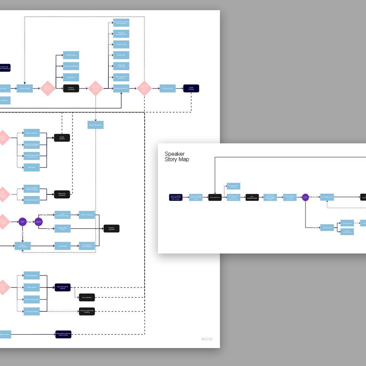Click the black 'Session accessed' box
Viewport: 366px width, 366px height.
(71, 88)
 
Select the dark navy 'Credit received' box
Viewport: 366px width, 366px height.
(191, 88)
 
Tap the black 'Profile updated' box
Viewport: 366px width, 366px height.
(62, 138)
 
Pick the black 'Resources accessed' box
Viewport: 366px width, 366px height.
(62, 195)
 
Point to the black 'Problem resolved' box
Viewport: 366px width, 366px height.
(111, 228)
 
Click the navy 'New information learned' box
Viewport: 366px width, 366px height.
(63, 287)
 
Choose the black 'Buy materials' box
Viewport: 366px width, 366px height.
(87, 298)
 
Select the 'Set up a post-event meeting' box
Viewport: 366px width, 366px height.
(87, 311)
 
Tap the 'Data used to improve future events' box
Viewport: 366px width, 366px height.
(63, 334)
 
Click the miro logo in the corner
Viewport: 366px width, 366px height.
(207, 339)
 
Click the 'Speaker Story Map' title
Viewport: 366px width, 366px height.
(177, 157)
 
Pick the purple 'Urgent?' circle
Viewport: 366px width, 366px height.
(39, 222)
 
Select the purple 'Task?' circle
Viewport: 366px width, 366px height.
(23, 222)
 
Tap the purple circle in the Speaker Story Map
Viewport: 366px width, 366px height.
(305, 197)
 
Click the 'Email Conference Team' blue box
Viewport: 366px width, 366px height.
(63, 215)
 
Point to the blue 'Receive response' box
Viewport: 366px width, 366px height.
(87, 215)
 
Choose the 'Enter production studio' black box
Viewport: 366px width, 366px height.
(252, 197)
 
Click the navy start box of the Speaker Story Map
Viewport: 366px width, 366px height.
(176, 197)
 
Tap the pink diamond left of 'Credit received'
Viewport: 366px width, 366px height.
(144, 88)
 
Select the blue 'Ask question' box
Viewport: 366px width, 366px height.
(63, 246)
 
